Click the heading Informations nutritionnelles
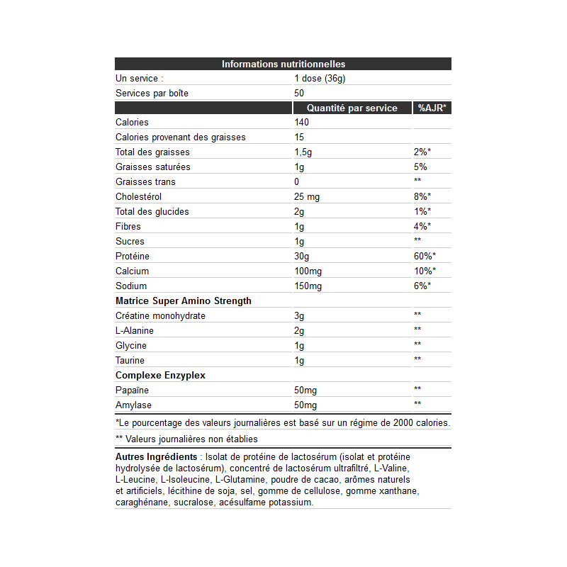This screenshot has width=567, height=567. [283, 64]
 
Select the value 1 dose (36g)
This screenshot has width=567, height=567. [320, 79]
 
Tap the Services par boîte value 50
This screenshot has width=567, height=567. [299, 94]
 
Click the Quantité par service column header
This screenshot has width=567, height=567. [352, 108]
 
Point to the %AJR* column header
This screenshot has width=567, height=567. [431, 108]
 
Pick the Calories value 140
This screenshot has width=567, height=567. [302, 123]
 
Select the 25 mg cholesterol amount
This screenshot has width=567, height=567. [308, 196]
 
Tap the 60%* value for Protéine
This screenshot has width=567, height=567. [425, 256]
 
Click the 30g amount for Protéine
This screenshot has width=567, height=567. [302, 256]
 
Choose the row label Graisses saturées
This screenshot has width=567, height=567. [152, 167]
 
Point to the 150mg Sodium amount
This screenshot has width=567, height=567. [308, 286]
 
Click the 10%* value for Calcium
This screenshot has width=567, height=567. [425, 271]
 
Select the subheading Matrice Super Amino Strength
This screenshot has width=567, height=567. [183, 301]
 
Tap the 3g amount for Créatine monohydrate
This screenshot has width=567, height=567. [299, 316]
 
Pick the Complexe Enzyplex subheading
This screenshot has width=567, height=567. [161, 376]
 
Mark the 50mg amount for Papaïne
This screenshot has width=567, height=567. [305, 391]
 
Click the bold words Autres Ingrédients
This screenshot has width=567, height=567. [156, 457]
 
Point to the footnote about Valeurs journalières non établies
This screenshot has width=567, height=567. [186, 439]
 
